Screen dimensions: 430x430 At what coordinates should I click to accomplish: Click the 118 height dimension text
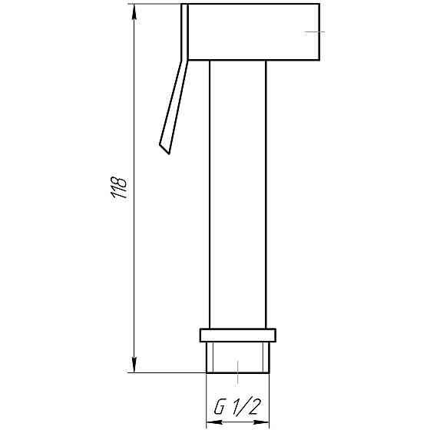pos(120,189)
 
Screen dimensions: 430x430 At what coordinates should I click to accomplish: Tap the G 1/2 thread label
pos(237,406)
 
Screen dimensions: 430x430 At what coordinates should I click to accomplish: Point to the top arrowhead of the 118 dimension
pos(134,11)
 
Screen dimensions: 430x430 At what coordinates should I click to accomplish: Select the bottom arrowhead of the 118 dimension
pos(134,365)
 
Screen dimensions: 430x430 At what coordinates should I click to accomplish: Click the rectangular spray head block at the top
pos(253,31)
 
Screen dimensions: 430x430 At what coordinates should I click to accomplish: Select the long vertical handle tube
pos(238,192)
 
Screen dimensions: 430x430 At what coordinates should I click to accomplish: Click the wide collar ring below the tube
pos(238,335)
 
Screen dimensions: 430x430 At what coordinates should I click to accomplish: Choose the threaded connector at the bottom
pos(238,357)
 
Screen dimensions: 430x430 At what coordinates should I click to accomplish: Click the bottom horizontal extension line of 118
pos(169,372)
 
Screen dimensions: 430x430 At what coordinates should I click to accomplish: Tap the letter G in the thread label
pos(218,406)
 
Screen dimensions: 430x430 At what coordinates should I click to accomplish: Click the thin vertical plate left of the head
pos(185,31)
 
